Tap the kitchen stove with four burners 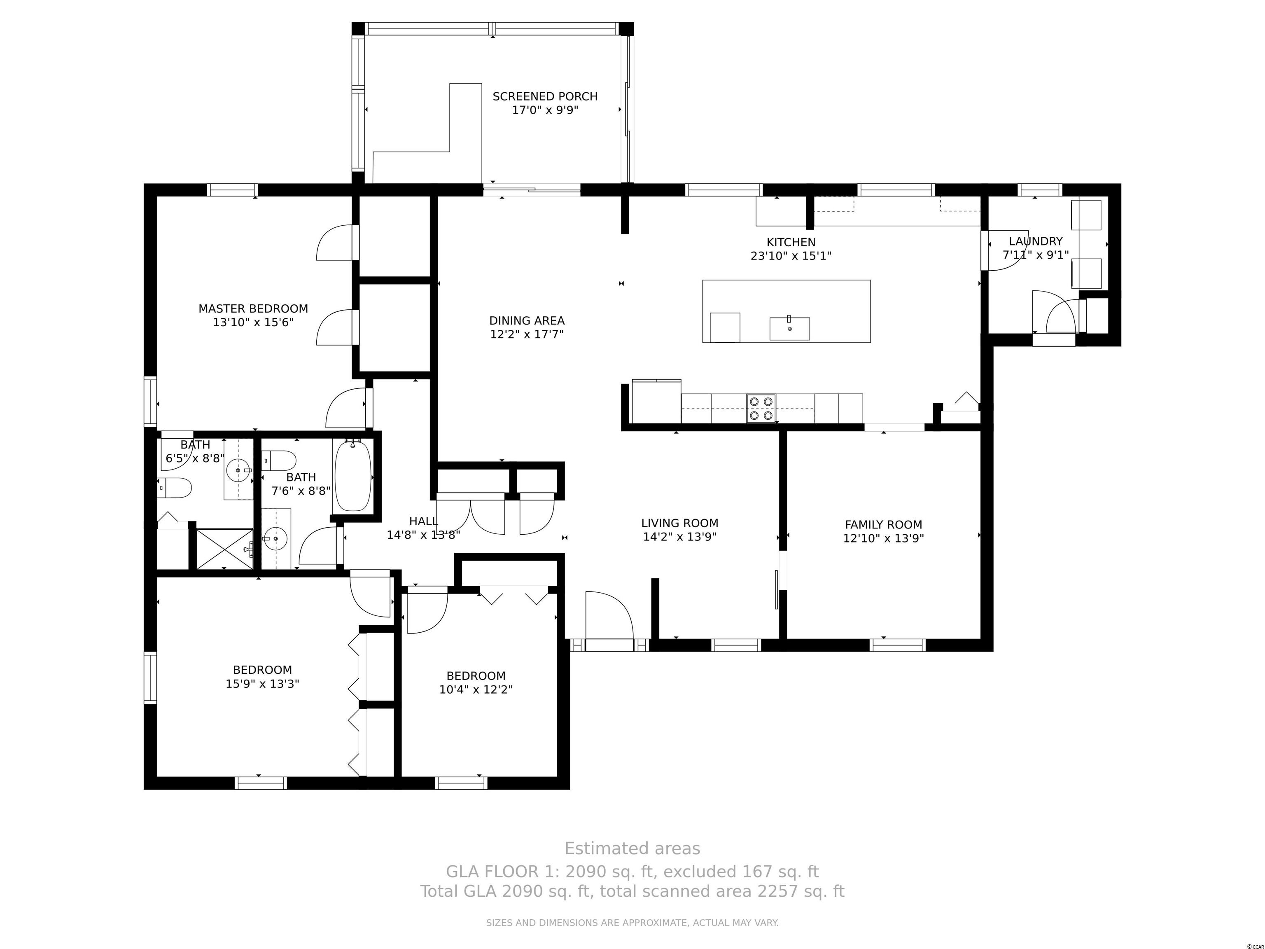click(x=761, y=409)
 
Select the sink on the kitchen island click(x=789, y=328)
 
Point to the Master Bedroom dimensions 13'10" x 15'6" click(x=253, y=323)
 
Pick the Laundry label click(x=1036, y=241)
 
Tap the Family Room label click(x=884, y=525)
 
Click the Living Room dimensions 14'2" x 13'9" click(x=680, y=537)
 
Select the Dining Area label click(x=527, y=321)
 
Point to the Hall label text click(x=424, y=521)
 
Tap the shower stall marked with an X click(x=224, y=549)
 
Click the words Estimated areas click(x=632, y=848)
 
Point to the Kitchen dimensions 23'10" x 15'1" click(x=791, y=256)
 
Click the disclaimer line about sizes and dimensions click(x=632, y=923)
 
